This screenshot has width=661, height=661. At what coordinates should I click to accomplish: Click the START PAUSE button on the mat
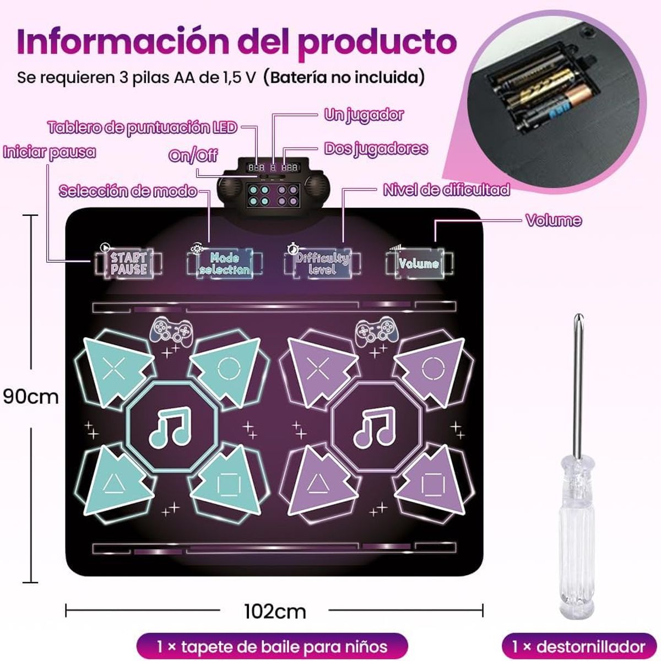[128, 263]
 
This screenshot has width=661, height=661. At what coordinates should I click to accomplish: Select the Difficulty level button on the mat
[322, 263]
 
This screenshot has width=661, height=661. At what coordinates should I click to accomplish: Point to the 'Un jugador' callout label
[364, 115]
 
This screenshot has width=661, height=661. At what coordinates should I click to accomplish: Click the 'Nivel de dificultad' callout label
[446, 190]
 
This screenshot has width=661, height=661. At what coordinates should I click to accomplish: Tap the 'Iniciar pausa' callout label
[49, 152]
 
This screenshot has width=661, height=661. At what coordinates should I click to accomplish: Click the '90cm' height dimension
[31, 396]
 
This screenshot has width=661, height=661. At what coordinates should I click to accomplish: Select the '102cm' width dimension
[274, 610]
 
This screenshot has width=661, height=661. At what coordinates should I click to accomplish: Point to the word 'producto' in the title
[377, 41]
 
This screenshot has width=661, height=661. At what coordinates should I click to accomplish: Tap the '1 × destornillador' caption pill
[579, 646]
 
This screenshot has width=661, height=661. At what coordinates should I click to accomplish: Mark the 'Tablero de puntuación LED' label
[142, 128]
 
